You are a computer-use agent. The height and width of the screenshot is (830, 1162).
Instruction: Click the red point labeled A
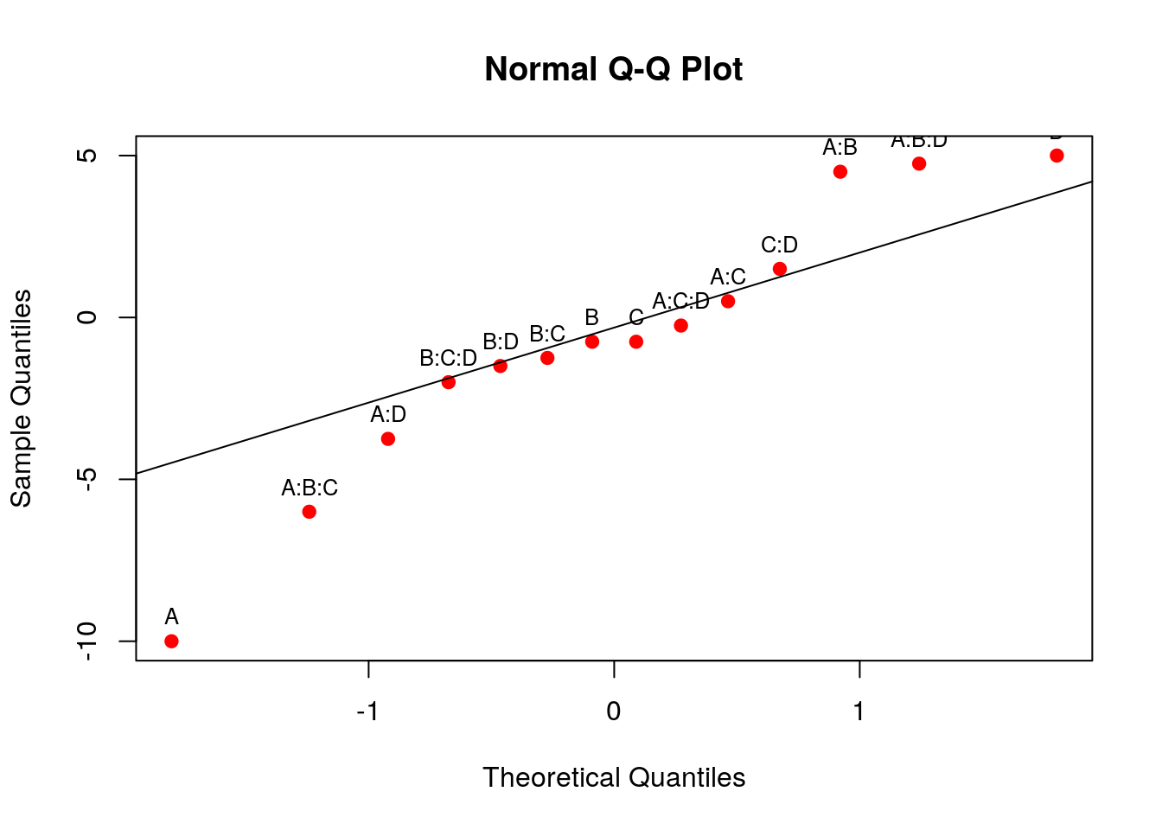[x=171, y=641]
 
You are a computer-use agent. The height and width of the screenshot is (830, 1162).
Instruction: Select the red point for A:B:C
[x=309, y=512]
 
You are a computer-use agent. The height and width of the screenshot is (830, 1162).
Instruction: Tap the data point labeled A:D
[x=388, y=438]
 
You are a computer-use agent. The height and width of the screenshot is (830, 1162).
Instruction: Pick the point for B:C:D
[x=448, y=382]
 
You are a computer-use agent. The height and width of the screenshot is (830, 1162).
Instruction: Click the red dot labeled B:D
[x=500, y=366]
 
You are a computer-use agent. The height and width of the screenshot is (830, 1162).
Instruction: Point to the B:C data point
[x=547, y=358]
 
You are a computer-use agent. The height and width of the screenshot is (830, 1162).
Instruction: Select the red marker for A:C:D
[x=680, y=325]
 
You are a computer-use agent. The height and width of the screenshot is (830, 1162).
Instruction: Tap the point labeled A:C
[x=728, y=301]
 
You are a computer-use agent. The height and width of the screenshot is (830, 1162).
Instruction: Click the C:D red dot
[x=779, y=269]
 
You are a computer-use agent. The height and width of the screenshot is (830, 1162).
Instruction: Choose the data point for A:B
[x=840, y=172]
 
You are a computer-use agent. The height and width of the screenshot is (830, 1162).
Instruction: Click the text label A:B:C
[x=310, y=488]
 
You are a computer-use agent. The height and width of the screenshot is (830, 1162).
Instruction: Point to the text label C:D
[x=779, y=246]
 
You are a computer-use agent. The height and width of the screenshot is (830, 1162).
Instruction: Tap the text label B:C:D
[x=448, y=359]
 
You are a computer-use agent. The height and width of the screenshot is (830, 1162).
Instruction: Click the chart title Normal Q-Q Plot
[x=613, y=69]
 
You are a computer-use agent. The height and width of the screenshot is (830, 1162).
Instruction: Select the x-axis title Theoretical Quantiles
[x=614, y=777]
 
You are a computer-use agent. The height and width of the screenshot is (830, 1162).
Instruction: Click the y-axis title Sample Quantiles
[x=21, y=398]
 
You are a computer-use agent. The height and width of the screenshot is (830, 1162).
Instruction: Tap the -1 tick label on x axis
[x=368, y=712]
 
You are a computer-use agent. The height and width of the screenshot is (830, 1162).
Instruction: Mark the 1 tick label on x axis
[x=859, y=712]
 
